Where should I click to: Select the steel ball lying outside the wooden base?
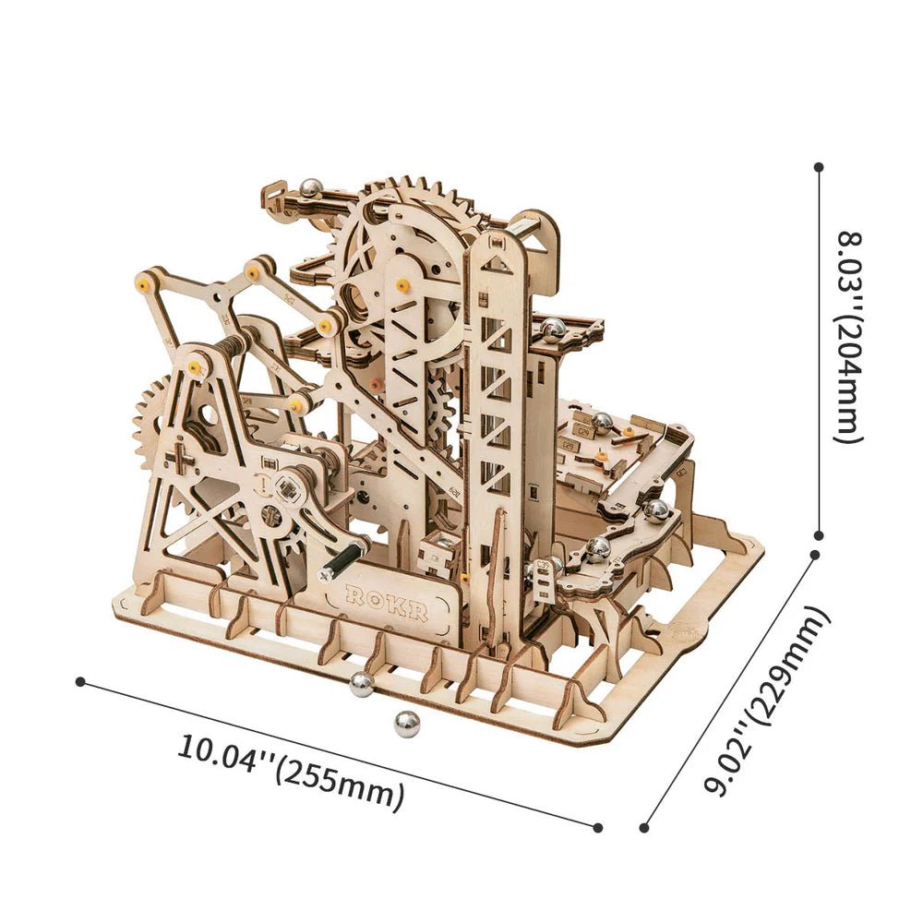tap(406, 724)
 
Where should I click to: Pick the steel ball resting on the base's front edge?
tap(361, 684)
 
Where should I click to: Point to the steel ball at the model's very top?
tap(311, 188)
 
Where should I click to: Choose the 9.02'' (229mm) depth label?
tap(765, 701)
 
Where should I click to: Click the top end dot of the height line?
tap(819, 167)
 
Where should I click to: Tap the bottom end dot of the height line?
tap(819, 534)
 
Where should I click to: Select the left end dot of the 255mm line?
tap(80, 681)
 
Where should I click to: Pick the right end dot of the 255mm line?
tap(598, 827)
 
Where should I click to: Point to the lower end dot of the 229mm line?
tap(643, 828)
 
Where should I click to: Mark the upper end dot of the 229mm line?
tap(815, 555)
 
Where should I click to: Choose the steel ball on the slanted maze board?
tap(602, 422)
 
